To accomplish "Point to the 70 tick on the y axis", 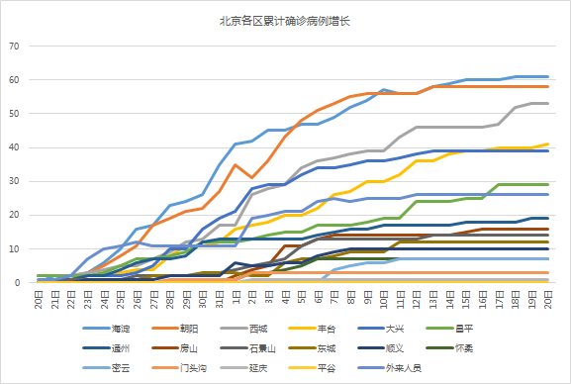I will coord(14,46).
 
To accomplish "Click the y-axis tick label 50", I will coord(14,114).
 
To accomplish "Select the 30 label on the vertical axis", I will coord(14,181).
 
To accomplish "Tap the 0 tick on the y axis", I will coord(17,283).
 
